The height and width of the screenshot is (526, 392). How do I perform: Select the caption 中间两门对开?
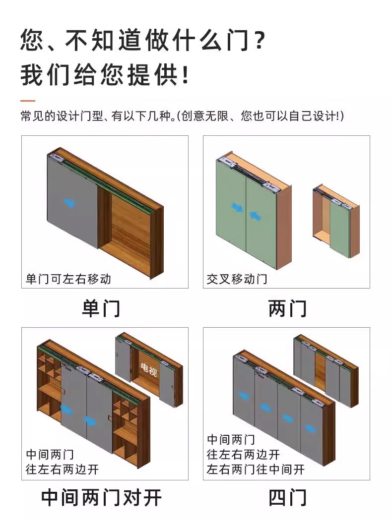(x=101, y=498)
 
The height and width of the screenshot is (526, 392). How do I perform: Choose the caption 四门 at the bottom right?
(x=287, y=498)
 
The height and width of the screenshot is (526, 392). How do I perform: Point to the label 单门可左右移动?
(x=68, y=279)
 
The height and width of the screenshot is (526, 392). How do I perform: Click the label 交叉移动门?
(x=237, y=279)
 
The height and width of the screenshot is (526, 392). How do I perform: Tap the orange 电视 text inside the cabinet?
(x=148, y=370)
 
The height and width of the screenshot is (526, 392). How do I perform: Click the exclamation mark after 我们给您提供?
(x=185, y=75)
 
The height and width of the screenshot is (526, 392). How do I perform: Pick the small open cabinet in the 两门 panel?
(x=336, y=221)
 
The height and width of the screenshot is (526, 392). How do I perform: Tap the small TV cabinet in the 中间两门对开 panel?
(x=149, y=369)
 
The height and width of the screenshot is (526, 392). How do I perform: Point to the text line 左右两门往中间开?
(x=256, y=469)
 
